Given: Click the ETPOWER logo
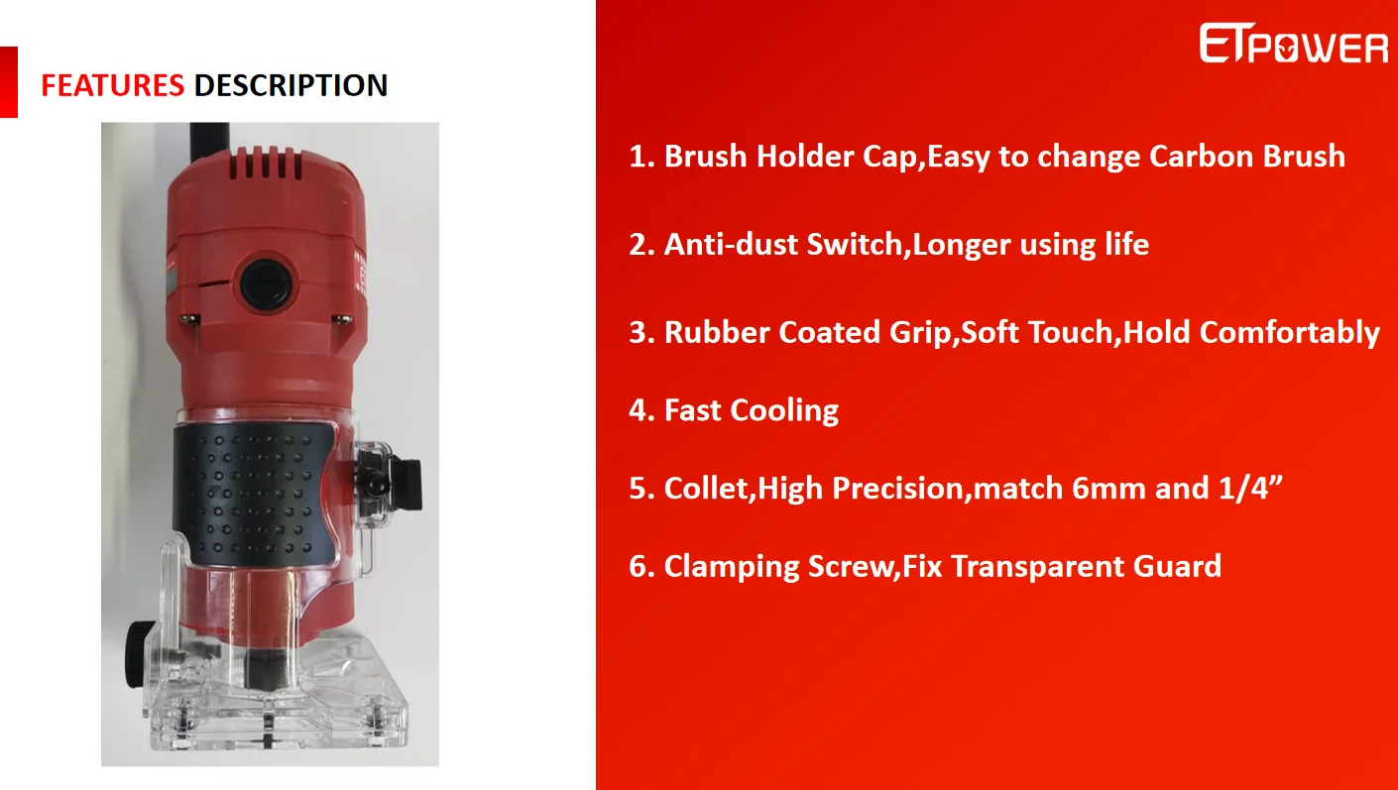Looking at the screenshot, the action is pyautogui.click(x=1293, y=44).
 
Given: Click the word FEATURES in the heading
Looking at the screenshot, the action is pyautogui.click(x=112, y=85).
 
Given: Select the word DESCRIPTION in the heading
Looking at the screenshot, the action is pyautogui.click(x=291, y=85).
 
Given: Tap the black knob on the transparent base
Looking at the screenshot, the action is pyautogui.click(x=136, y=654).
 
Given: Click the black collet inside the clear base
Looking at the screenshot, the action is pyautogui.click(x=267, y=667).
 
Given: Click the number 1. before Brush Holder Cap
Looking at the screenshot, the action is pyautogui.click(x=641, y=156).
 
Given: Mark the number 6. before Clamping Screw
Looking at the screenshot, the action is pyautogui.click(x=641, y=567).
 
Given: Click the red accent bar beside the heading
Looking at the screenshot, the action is pyautogui.click(x=9, y=82).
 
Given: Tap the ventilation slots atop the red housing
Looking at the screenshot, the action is pyautogui.click(x=267, y=164).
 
